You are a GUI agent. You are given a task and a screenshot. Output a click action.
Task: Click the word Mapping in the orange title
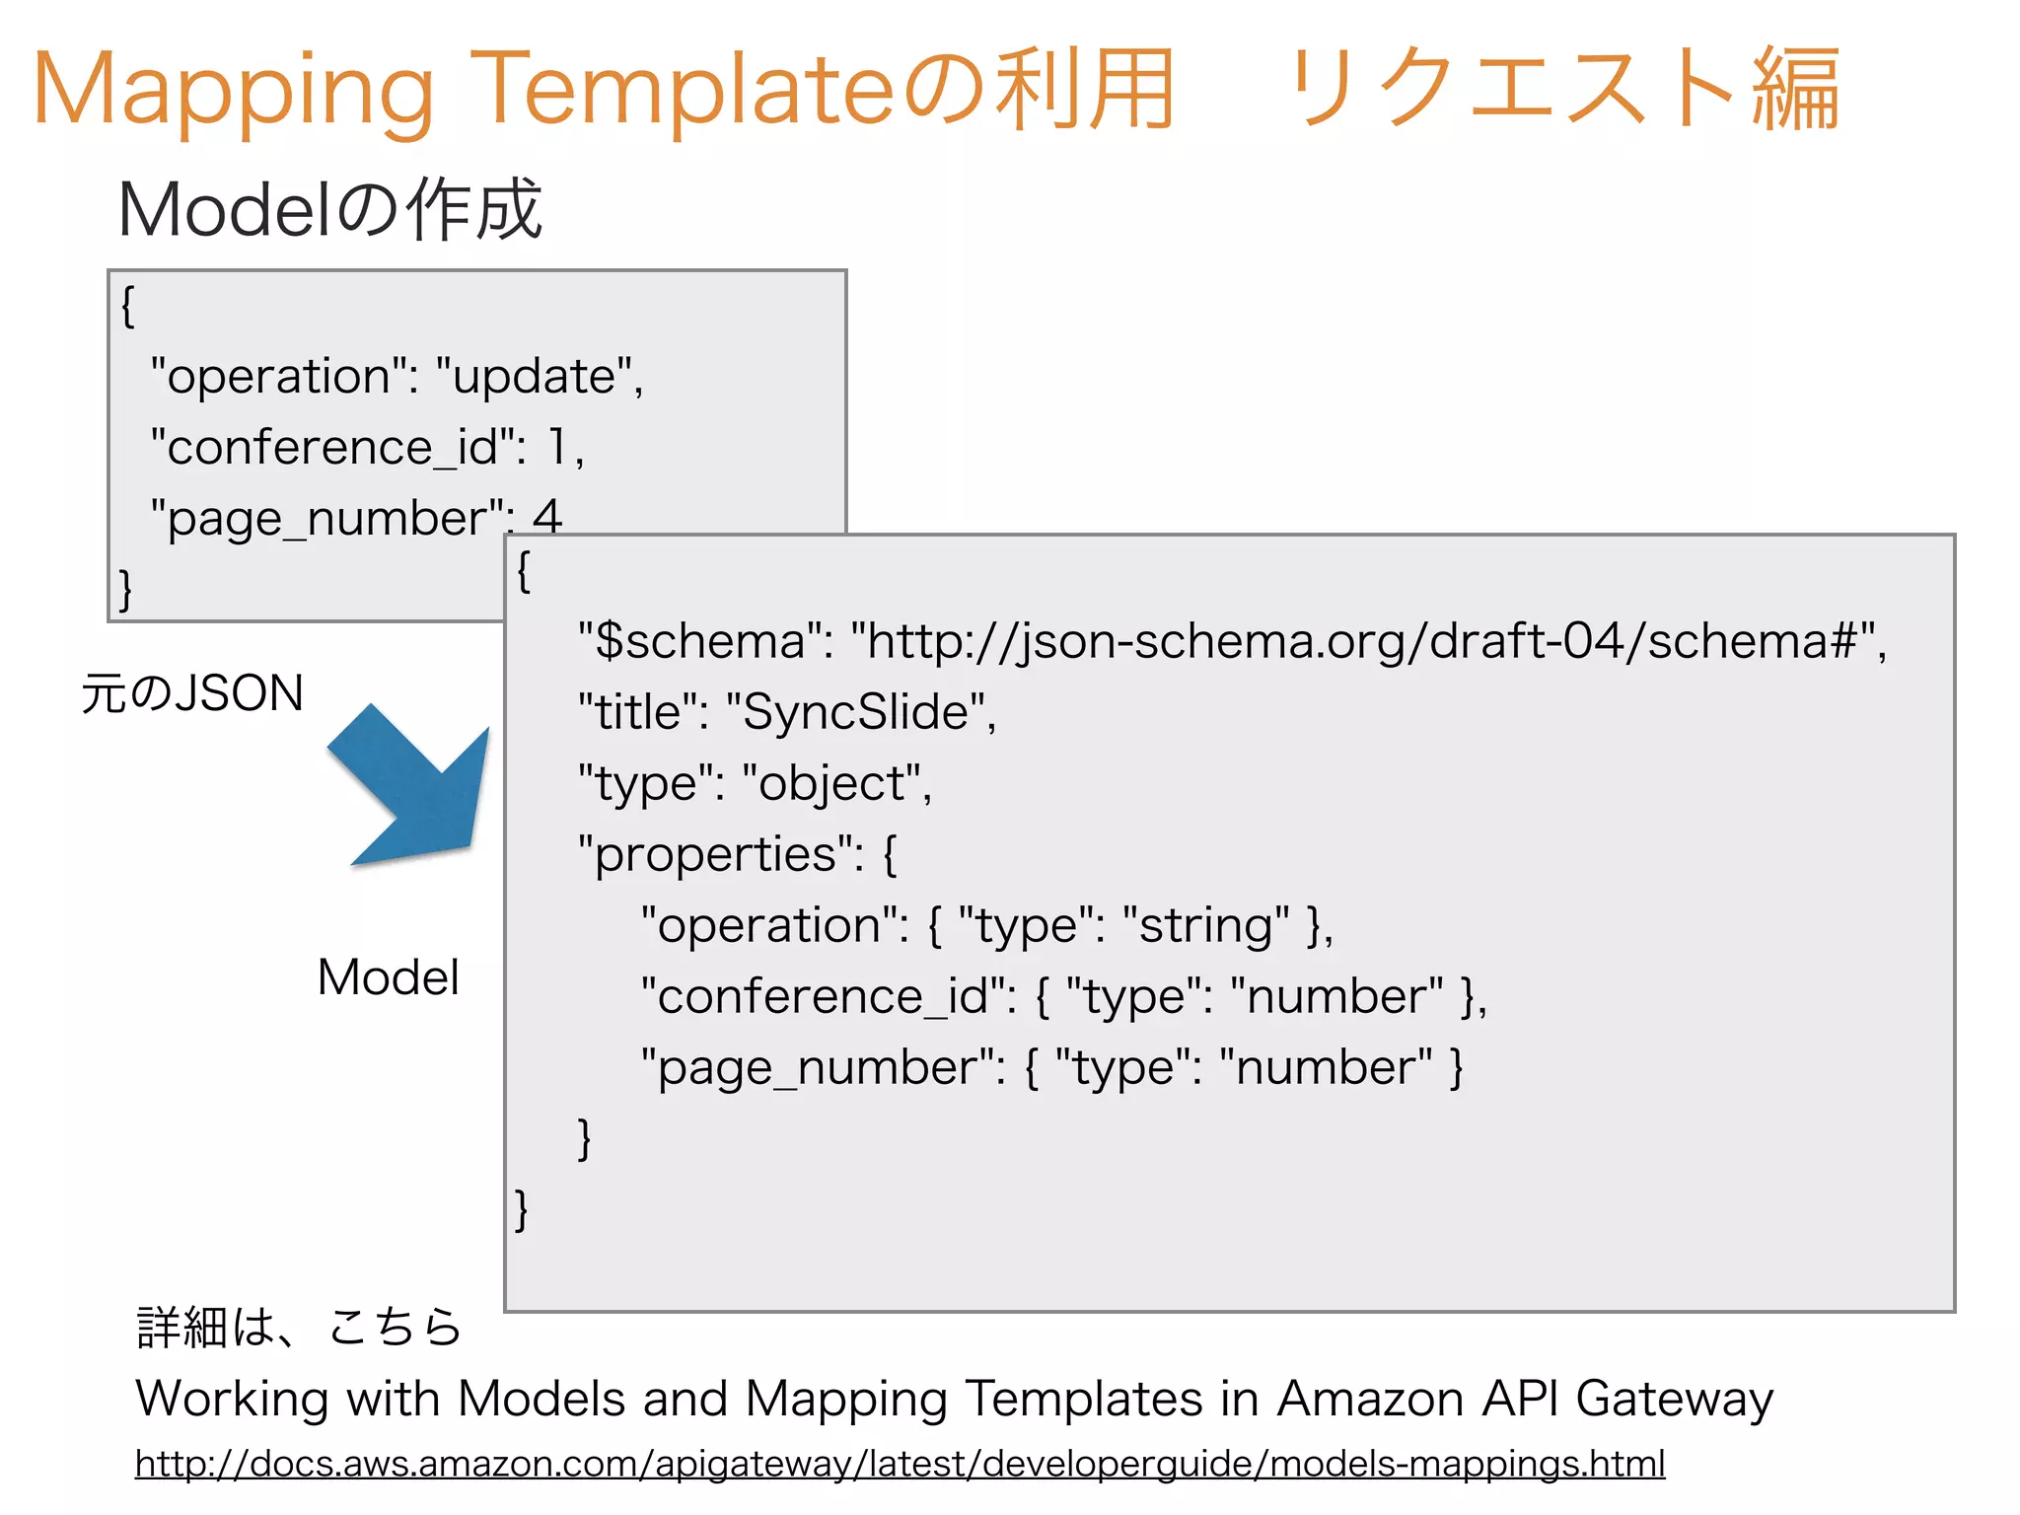(x=233, y=91)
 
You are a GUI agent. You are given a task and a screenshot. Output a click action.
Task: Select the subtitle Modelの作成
(x=329, y=210)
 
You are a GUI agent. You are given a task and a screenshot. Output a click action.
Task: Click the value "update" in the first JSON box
(x=538, y=377)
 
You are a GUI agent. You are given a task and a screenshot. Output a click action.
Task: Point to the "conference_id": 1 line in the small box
(x=365, y=448)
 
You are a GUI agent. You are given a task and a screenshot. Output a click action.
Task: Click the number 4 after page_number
(x=547, y=516)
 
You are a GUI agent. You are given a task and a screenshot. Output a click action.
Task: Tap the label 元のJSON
(x=192, y=693)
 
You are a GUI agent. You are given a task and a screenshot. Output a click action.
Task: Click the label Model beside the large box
(x=388, y=977)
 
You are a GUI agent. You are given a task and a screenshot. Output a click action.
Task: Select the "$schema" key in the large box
(x=705, y=641)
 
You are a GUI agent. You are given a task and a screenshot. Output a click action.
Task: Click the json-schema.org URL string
(x=1366, y=641)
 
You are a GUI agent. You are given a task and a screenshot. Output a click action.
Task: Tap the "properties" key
(x=716, y=854)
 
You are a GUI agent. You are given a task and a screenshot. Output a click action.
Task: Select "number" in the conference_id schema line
(x=1336, y=996)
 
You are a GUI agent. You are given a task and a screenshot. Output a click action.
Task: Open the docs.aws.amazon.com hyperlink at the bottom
(x=900, y=1464)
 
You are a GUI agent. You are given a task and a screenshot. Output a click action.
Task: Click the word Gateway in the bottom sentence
(x=1674, y=1399)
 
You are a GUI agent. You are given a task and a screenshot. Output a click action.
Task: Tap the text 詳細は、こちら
(x=299, y=1327)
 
